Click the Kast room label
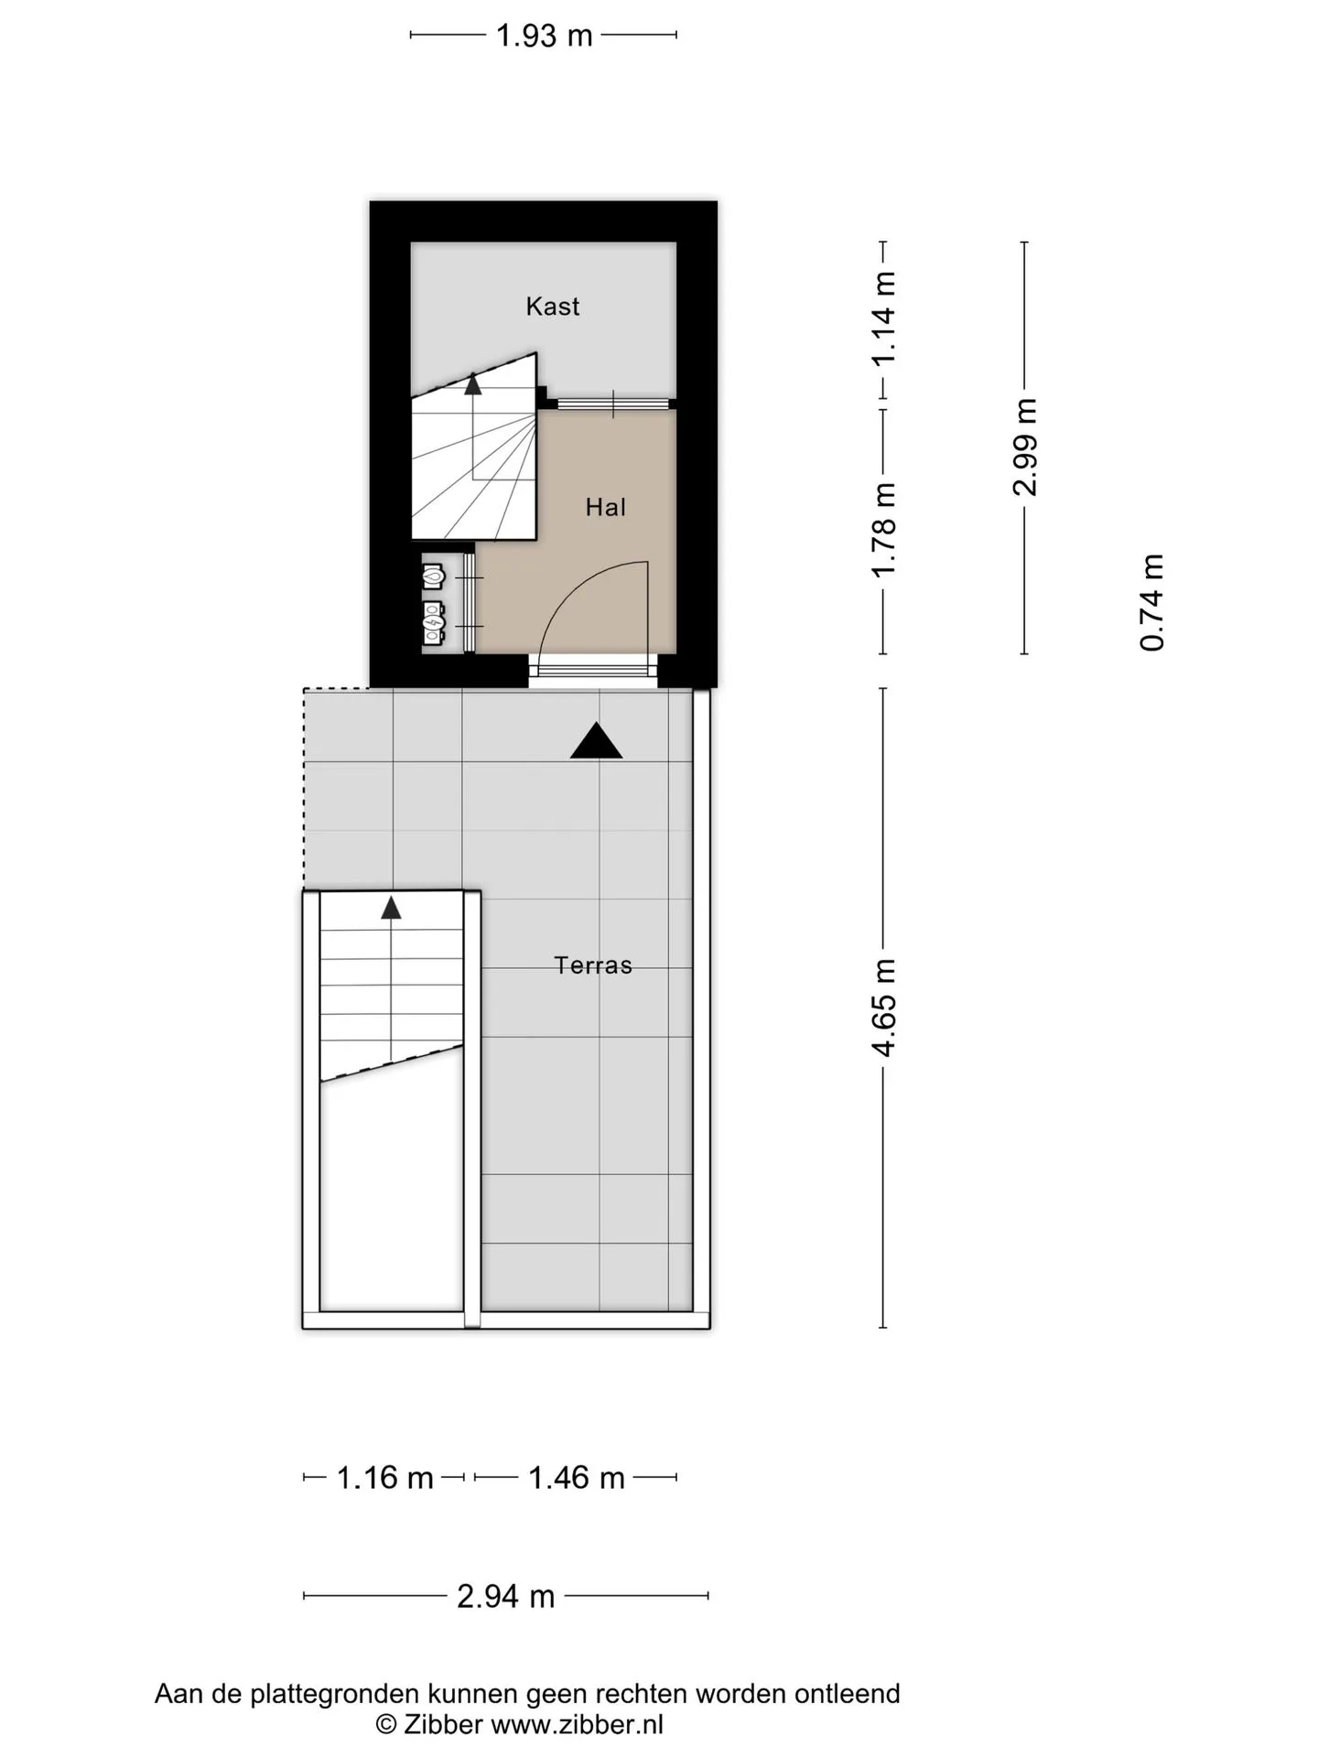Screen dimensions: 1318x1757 click(x=552, y=306)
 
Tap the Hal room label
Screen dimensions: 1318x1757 click(x=606, y=507)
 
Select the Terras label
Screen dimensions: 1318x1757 click(x=593, y=965)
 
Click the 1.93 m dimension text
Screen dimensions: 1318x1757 click(x=544, y=36)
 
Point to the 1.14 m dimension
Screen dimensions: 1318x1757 click(x=884, y=318)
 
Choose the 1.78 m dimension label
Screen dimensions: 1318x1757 click(x=884, y=530)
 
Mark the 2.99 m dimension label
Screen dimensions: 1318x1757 click(x=1025, y=447)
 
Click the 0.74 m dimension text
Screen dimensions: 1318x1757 click(x=1152, y=603)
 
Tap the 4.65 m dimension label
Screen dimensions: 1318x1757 click(x=884, y=1008)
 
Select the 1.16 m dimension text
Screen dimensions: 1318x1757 click(x=384, y=1478)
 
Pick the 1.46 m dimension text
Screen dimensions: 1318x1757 click(x=577, y=1478)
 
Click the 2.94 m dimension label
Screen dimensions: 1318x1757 click(x=506, y=1597)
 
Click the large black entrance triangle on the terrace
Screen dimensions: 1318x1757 click(x=596, y=740)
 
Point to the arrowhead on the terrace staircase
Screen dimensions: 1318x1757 click(x=392, y=908)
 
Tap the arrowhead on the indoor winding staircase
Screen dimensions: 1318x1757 click(x=472, y=383)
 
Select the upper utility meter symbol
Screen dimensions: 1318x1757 click(x=434, y=577)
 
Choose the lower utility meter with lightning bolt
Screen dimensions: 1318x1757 click(x=434, y=621)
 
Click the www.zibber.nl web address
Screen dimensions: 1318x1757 click(x=578, y=1726)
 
